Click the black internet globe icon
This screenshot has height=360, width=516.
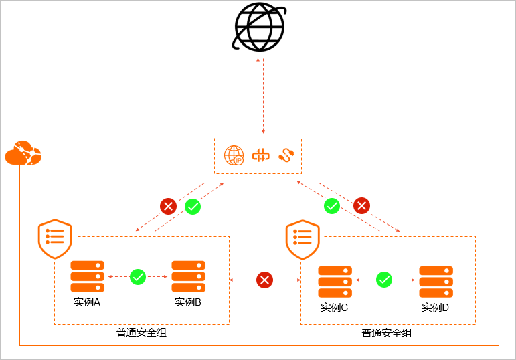click(259, 27)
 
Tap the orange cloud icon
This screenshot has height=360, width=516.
click(23, 153)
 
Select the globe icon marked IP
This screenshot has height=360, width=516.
click(234, 155)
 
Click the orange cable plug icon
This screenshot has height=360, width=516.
click(286, 155)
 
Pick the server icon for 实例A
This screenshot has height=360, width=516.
click(88, 276)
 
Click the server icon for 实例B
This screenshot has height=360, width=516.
click(189, 276)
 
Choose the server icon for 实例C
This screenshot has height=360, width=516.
click(335, 282)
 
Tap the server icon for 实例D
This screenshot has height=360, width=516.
click(436, 282)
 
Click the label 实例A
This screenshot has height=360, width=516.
click(87, 302)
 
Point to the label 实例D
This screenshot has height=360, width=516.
click(436, 307)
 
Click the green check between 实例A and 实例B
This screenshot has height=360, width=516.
click(138, 277)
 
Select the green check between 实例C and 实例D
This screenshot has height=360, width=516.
click(384, 280)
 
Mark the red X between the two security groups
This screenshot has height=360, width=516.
click(264, 280)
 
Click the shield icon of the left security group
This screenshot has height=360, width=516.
click(55, 239)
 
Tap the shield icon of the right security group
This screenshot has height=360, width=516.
click(303, 240)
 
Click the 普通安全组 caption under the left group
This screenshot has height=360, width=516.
click(141, 333)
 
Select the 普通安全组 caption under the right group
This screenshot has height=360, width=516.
click(387, 333)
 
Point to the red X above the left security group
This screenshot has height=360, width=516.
click(168, 206)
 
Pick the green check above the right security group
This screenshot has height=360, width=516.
click(332, 206)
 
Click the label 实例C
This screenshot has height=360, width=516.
click(335, 307)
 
